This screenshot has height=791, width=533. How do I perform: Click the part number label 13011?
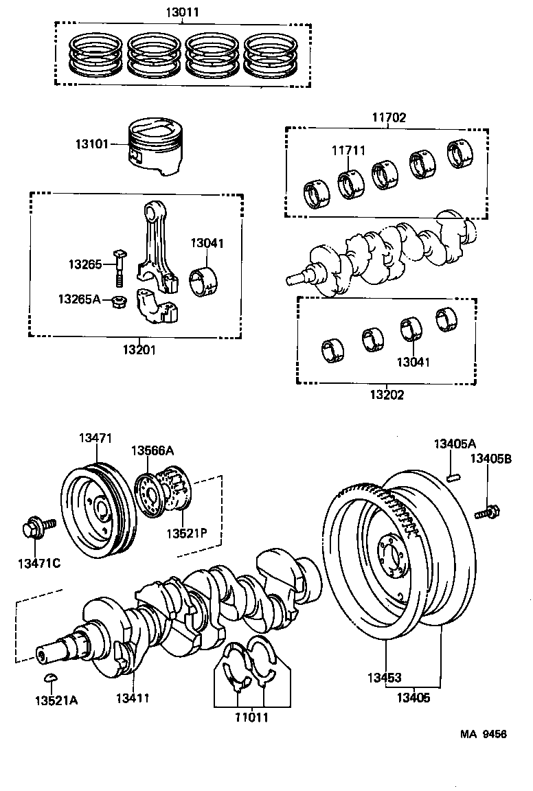point(182,12)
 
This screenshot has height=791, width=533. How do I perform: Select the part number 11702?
point(389,118)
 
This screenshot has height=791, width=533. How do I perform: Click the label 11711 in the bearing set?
point(348,150)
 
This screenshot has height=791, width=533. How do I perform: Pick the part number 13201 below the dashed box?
point(139,349)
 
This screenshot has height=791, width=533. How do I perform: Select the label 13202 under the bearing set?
point(387,395)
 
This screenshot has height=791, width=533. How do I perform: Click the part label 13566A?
point(152,450)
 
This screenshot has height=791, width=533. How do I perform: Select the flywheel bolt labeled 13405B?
point(487,511)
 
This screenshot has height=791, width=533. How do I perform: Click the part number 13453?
point(384,678)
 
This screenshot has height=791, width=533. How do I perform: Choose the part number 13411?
point(133,698)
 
